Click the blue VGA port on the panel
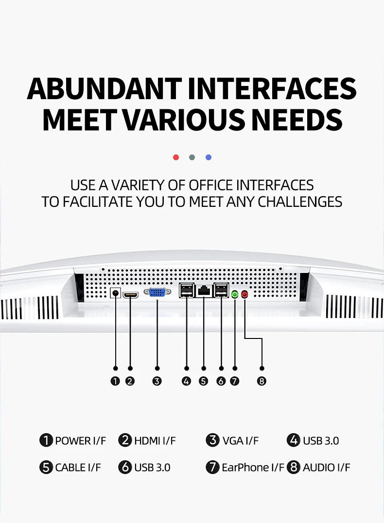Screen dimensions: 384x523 (x=157, y=292)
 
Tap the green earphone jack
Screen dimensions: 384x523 (x=235, y=294)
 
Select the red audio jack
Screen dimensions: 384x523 (x=244, y=294)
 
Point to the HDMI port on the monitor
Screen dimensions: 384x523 (x=131, y=295)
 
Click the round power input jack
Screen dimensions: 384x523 (x=116, y=293)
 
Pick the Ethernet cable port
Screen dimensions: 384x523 (x=204, y=291)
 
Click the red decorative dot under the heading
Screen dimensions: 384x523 (x=176, y=157)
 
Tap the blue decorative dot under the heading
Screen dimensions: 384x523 (x=209, y=157)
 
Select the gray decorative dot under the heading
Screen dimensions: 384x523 (x=192, y=157)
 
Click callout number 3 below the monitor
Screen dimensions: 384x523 (x=157, y=381)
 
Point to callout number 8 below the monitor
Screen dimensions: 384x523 (x=262, y=381)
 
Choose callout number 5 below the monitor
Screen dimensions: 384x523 (x=203, y=381)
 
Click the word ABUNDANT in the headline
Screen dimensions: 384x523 (x=105, y=89)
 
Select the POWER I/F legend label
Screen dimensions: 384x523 (x=81, y=440)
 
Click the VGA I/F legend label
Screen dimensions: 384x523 (x=241, y=440)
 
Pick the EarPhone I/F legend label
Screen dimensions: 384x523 (x=253, y=467)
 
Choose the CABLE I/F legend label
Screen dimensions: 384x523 (x=78, y=467)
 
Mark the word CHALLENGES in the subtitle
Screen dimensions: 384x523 (x=300, y=202)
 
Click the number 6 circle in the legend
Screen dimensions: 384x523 (x=125, y=467)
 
